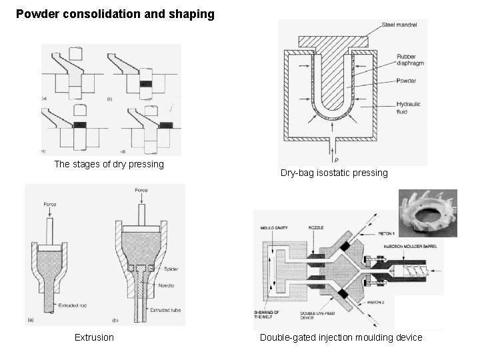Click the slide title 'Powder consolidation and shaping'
click(x=115, y=13)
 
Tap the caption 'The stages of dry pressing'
click(x=109, y=164)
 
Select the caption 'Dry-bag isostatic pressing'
click(x=333, y=173)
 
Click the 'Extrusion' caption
click(x=94, y=337)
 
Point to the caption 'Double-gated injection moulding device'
click(x=341, y=337)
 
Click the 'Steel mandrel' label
click(x=399, y=25)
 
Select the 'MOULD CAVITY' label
click(x=275, y=228)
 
